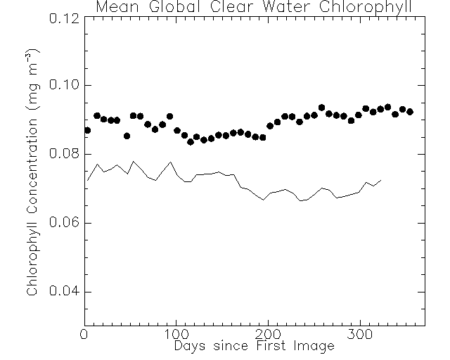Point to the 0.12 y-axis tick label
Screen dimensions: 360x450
coord(63,17)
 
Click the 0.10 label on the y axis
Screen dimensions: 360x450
coord(63,86)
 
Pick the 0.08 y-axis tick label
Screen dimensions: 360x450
coord(63,155)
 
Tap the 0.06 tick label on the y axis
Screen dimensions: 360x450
coord(63,224)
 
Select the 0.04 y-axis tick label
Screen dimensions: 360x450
coord(63,292)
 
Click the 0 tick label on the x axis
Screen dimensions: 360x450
coord(84,335)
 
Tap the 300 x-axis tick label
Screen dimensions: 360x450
coord(359,335)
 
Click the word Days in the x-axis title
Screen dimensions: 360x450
coord(190,346)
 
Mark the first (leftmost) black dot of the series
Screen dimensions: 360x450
coord(87,130)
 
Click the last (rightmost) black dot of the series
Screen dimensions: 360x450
coord(410,112)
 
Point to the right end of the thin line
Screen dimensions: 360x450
coord(381,180)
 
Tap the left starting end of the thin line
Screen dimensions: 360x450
coord(87,180)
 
